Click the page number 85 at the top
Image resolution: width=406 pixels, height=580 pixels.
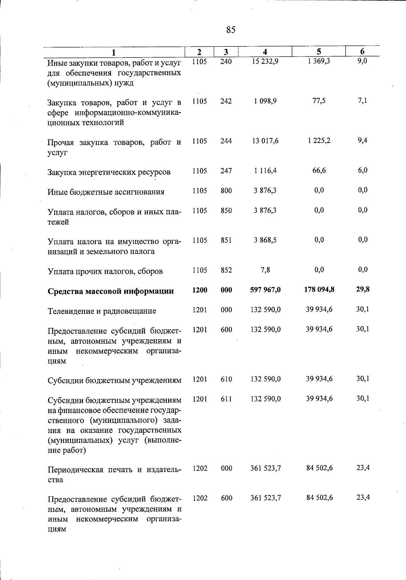(231, 30)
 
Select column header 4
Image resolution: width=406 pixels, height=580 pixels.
(265, 52)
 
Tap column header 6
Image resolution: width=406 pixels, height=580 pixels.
(362, 51)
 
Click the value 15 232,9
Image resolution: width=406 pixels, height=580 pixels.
(265, 62)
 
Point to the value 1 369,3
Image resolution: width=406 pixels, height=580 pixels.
(319, 62)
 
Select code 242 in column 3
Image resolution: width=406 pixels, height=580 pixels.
(226, 101)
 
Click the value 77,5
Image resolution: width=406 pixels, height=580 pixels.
(319, 101)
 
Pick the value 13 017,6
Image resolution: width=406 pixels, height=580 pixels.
(265, 141)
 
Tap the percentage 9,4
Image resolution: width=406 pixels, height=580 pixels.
(363, 141)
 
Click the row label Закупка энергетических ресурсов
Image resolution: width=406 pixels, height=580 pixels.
(109, 172)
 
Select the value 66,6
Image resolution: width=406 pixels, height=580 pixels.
(319, 171)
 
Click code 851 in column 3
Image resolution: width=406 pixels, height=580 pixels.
(226, 240)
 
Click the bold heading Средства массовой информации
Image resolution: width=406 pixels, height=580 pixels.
(111, 292)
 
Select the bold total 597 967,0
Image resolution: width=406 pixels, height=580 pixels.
(265, 290)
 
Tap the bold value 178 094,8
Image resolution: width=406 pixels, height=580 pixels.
(319, 289)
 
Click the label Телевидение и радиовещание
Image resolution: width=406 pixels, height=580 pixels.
(102, 311)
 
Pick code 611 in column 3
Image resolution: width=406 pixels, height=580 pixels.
(226, 399)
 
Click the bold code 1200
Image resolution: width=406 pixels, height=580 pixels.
(200, 290)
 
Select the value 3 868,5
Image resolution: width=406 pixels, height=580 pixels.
(265, 240)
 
